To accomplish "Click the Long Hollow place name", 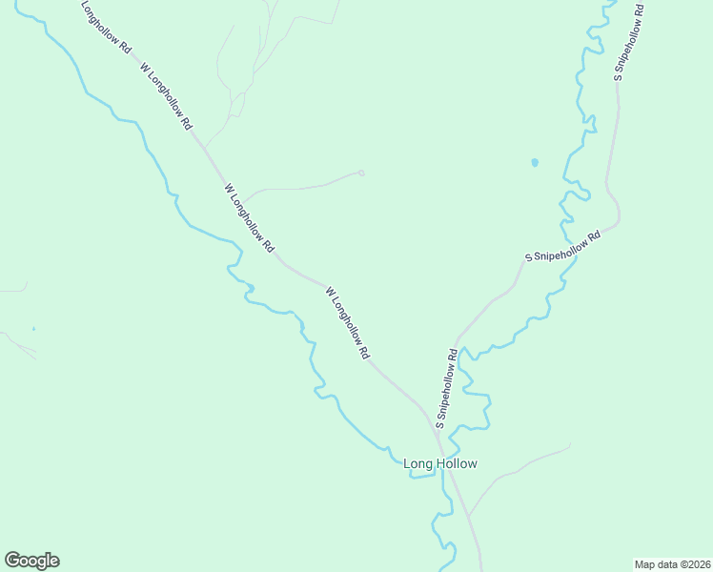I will point(439,464).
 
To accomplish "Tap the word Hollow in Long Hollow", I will point(457,464).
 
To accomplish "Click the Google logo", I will point(31,561).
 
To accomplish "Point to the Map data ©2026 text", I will point(672,564).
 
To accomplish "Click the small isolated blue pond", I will point(534,162).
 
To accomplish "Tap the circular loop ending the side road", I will point(361,173).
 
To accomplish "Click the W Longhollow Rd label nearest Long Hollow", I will point(347,322).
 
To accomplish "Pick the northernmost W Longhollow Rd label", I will point(167,96).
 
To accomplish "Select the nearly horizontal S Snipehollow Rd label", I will point(563,246).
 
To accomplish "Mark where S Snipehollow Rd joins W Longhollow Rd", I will point(437,431).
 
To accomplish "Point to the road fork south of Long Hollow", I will point(468,517).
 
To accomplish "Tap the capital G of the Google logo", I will point(13,561).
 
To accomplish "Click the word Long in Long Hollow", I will point(419,464).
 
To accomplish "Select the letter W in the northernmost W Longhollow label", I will point(145,68).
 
